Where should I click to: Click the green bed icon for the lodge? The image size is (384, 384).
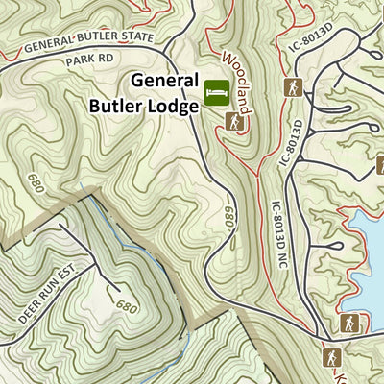(215, 91)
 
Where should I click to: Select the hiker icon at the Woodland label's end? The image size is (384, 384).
(233, 120)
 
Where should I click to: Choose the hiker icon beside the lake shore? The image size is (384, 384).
(348, 324)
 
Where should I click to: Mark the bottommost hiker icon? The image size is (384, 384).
(330, 357)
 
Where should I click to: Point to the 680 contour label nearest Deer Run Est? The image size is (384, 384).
(124, 306)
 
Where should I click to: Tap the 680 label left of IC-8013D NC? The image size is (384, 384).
(229, 217)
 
